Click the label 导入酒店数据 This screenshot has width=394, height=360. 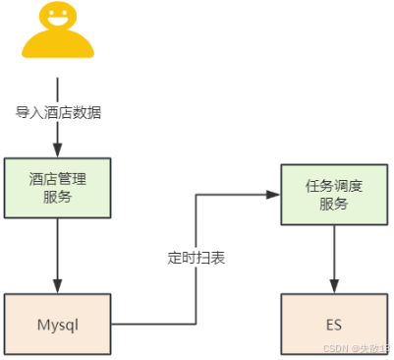pyautogui.click(x=58, y=112)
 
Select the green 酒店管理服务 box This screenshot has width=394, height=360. pyautogui.click(x=58, y=186)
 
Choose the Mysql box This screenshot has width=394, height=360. pyautogui.click(x=58, y=323)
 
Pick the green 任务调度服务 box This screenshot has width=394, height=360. pyautogui.click(x=334, y=194)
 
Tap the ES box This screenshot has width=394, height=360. pyautogui.click(x=334, y=323)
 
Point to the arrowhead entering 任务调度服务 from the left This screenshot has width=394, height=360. pyautogui.click(x=274, y=195)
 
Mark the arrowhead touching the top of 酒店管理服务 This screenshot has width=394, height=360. pyautogui.click(x=58, y=151)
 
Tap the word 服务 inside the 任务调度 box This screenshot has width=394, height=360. pyautogui.click(x=334, y=204)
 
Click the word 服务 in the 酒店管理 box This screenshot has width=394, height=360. pyautogui.click(x=58, y=196)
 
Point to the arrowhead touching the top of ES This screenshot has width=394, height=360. pyautogui.click(x=334, y=286)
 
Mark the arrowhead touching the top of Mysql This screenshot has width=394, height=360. pyautogui.click(x=58, y=286)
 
